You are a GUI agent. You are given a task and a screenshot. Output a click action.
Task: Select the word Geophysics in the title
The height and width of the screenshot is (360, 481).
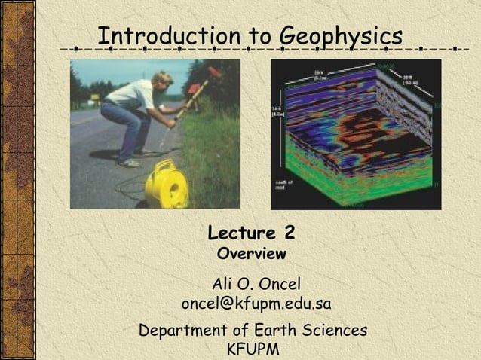pos(341,35)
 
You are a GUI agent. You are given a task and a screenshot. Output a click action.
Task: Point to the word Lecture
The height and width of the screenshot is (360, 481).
pos(241,231)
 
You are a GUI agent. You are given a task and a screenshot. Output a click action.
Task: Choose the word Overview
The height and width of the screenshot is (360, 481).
pos(251,254)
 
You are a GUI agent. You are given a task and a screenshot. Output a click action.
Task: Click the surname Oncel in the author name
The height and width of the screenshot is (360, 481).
pos(278,284)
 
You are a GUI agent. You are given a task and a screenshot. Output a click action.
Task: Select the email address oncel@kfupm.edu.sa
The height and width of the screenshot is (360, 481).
pos(256,304)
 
